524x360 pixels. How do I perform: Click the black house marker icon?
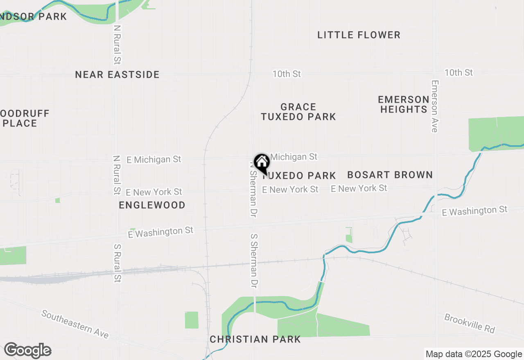click(262, 163)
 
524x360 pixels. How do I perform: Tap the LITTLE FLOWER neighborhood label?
click(359, 35)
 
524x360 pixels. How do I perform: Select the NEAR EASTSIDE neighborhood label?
click(117, 74)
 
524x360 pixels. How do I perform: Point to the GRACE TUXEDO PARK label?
click(298, 112)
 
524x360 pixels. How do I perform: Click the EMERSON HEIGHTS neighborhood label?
click(404, 104)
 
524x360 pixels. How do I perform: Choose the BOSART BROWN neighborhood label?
click(390, 175)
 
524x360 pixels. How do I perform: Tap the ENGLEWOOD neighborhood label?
click(152, 205)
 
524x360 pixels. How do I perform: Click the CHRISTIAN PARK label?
click(255, 339)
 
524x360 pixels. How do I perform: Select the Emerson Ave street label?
click(435, 106)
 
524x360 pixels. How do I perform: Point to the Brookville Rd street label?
click(470, 324)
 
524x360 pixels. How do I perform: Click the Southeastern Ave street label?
click(75, 324)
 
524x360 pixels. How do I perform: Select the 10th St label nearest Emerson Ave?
click(458, 73)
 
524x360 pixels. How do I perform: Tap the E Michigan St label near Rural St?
click(154, 160)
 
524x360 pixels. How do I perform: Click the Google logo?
click(27, 351)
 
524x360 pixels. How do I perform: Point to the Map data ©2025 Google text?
click(474, 354)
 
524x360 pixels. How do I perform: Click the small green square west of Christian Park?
click(191, 320)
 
